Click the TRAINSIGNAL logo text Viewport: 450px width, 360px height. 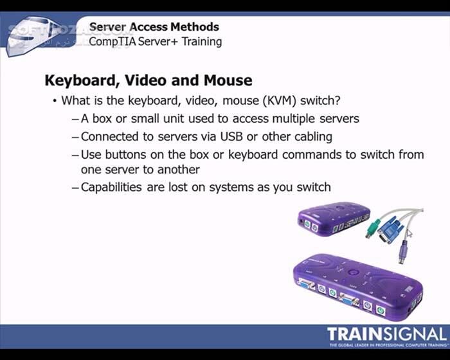click(x=386, y=335)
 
